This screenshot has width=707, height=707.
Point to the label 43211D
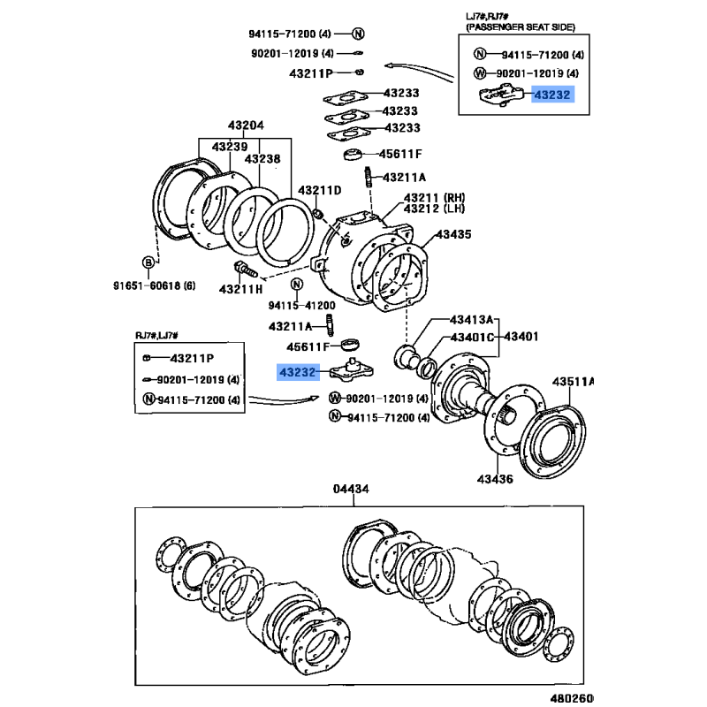pos(319,190)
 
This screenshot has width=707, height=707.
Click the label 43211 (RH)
pos(434,197)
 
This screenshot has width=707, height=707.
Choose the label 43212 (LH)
pos(434,209)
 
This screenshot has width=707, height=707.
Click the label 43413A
pos(472,319)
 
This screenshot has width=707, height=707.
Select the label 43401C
pos(472,337)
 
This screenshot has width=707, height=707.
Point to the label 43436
pos(495,479)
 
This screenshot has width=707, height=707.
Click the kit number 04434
pos(351,489)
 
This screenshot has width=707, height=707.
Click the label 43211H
pos(241,289)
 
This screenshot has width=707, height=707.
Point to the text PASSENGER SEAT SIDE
pos(513,27)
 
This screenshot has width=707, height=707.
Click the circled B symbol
pos(148,262)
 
